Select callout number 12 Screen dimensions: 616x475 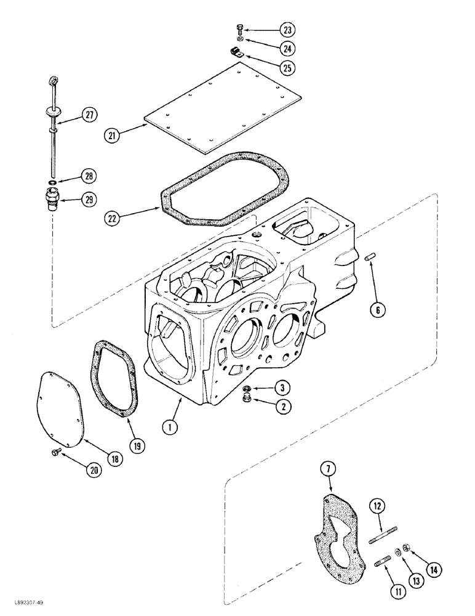[378, 506]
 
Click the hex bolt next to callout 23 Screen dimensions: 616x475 [240, 29]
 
